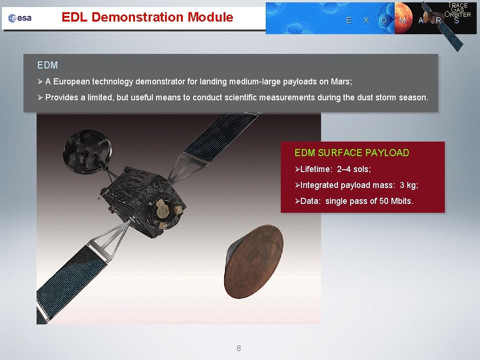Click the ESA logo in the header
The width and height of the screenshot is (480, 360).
[x=20, y=18]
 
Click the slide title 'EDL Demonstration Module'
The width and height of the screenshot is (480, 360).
[x=147, y=17]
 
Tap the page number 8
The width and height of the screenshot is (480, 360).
[x=239, y=348]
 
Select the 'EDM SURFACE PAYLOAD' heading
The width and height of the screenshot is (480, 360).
[x=352, y=153]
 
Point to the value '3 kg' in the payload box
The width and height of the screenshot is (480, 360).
[x=409, y=185]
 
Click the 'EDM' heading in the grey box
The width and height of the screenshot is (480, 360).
[x=47, y=66]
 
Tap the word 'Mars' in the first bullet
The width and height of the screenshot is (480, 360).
[x=341, y=82]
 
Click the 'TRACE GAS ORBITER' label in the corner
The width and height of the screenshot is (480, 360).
[x=458, y=10]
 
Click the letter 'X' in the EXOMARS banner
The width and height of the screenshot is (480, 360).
[x=366, y=20]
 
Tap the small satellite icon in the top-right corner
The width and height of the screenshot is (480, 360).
[x=443, y=23]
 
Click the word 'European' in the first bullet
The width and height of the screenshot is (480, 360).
[x=72, y=82]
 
